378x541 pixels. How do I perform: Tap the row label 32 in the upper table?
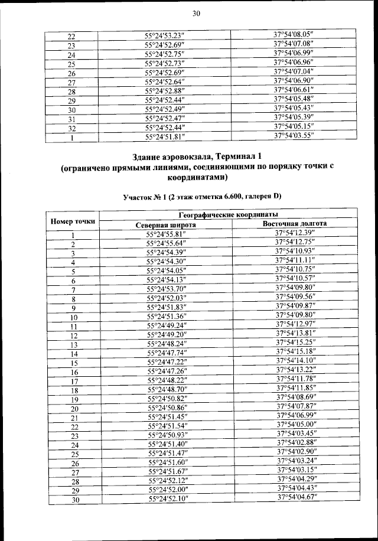(71, 128)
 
